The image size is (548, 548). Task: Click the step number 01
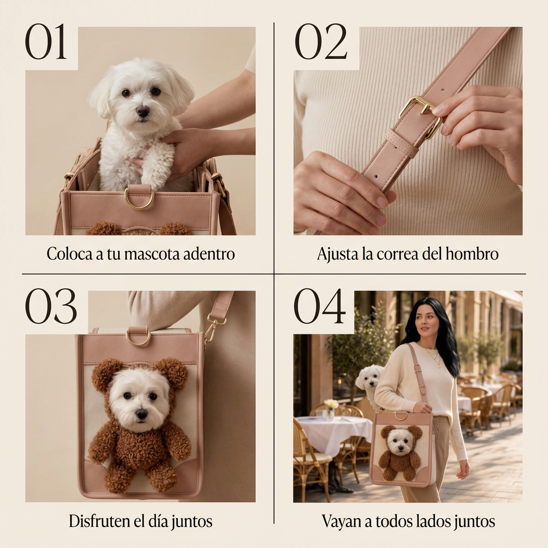[x=46, y=42]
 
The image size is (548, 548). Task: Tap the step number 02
[x=321, y=42]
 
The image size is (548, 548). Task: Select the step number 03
[x=51, y=306]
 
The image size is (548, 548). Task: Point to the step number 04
[x=319, y=306]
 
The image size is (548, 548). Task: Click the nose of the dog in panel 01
[x=142, y=111]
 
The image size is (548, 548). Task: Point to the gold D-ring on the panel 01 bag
[x=139, y=198]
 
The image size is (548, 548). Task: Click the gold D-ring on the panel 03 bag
[x=139, y=338]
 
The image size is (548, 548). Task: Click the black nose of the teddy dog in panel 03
[x=141, y=414]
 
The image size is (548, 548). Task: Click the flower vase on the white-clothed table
[x=331, y=409]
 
